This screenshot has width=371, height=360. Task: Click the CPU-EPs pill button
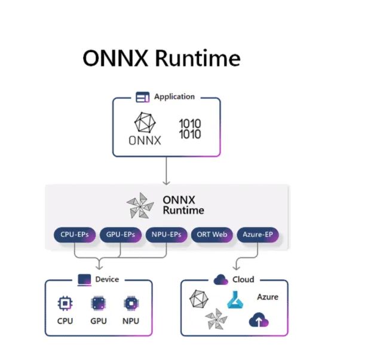pyautogui.click(x=75, y=234)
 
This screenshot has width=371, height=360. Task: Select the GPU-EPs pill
pyautogui.click(x=119, y=234)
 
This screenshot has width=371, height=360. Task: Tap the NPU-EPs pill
pyautogui.click(x=166, y=234)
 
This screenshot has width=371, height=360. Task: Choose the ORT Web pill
pyautogui.click(x=211, y=234)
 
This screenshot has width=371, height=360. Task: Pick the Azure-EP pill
pyautogui.click(x=257, y=234)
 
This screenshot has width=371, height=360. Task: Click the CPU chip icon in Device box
pyautogui.click(x=65, y=303)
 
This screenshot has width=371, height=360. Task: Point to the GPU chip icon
pyautogui.click(x=98, y=303)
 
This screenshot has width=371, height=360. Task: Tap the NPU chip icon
pyautogui.click(x=130, y=303)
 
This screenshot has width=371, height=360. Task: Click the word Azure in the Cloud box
pyautogui.click(x=268, y=297)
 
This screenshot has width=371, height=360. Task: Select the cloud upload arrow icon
pyautogui.click(x=258, y=321)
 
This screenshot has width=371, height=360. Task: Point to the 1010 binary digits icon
pyautogui.click(x=190, y=129)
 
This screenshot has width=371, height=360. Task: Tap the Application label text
pyautogui.click(x=174, y=96)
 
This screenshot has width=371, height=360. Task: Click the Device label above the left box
pyautogui.click(x=107, y=279)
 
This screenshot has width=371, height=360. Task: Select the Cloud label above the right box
pyautogui.click(x=243, y=279)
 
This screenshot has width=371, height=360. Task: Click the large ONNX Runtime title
pyautogui.click(x=161, y=58)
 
